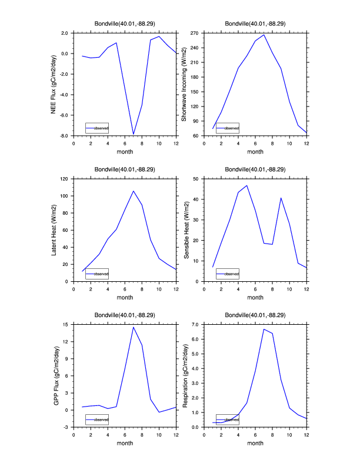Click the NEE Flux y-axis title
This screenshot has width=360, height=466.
[54, 84]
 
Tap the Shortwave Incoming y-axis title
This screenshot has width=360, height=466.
[184, 84]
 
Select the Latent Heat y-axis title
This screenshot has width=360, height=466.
[54, 230]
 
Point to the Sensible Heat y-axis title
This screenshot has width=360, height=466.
[186, 230]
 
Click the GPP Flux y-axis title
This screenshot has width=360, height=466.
[56, 376]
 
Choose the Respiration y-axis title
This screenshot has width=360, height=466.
[186, 376]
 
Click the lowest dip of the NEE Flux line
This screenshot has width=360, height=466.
[134, 134]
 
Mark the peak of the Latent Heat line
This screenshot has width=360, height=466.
[134, 191]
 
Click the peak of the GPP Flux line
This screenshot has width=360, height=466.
[134, 327]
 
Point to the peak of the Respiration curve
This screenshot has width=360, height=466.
[264, 329]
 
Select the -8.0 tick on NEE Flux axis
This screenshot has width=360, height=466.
[65, 136]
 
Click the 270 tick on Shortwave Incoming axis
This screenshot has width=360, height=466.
[195, 33]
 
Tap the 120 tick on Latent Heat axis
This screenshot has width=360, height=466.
[65, 178]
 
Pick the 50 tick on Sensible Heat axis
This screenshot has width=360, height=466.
[197, 178]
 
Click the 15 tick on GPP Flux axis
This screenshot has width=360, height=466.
[67, 324]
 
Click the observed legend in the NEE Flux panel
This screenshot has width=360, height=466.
[97, 127]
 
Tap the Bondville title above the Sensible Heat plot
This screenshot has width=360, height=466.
[255, 169]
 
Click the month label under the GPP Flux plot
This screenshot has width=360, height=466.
[125, 443]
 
